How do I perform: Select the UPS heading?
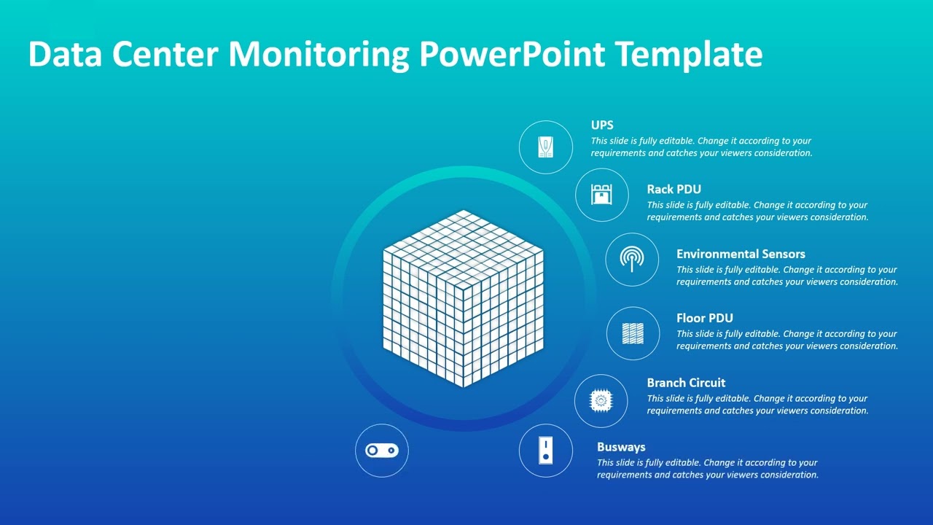[602, 125]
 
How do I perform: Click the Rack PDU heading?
[674, 190]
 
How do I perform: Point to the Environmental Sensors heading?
[741, 254]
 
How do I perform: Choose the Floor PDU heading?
[704, 318]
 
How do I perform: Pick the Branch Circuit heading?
[686, 383]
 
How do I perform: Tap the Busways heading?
[621, 447]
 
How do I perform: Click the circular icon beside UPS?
[545, 147]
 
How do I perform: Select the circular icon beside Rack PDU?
[601, 195]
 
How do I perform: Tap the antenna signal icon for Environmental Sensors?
[632, 260]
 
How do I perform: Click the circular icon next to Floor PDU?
[633, 333]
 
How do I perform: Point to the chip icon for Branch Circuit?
[601, 400]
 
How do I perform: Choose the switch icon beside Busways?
[545, 451]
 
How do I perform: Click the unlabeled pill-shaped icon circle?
[382, 451]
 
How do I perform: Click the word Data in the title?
[64, 55]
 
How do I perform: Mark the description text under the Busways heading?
[707, 469]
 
